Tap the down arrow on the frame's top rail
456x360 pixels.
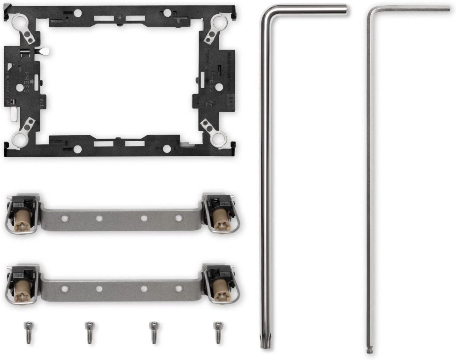tap(120, 17)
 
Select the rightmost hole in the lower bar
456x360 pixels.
tap(178, 289)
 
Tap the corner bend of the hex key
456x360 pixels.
tap(370, 11)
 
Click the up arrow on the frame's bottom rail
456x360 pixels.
tap(119, 144)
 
